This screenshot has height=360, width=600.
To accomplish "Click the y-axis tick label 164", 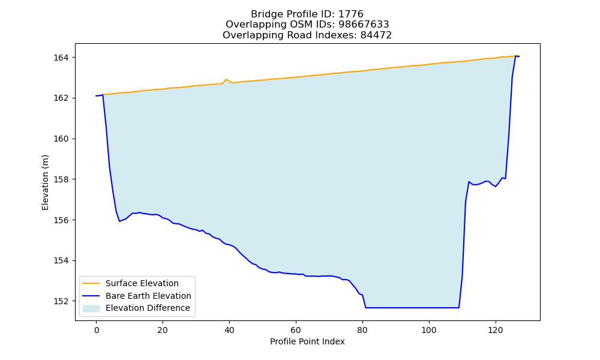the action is pos(61,58).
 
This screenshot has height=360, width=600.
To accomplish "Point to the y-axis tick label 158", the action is pos(61,179).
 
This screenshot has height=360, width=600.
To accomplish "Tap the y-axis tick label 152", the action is pos(61,301).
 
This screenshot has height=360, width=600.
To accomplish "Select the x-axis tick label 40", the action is pos(229,330).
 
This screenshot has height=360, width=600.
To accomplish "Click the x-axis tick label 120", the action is pos(496,330).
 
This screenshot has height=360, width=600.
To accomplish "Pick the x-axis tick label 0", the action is pos(96,330).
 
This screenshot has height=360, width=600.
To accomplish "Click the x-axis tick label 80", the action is pos(362,330).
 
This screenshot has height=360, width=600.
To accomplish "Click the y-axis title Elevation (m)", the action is pos(45,182).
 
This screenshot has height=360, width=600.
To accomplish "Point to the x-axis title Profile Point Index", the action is pos(307,341).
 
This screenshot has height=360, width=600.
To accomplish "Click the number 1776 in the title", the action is pos(351,14).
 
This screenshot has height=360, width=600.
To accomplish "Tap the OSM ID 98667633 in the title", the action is pos(364,25).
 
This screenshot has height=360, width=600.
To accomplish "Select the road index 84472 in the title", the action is pos(376,35).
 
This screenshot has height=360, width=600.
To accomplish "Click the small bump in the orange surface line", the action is pos(226,80).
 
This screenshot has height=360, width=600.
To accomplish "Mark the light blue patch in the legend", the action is pos(91,308).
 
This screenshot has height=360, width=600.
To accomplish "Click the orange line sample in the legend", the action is pos(91,283).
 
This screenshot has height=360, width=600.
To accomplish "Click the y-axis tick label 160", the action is pos(61,139).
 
